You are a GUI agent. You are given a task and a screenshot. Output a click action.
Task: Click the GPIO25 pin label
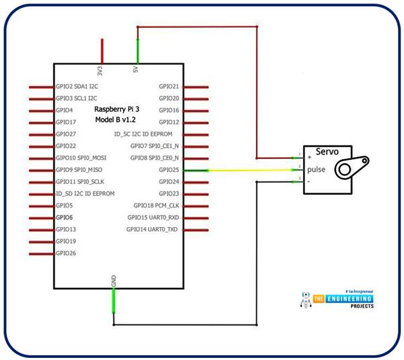pos(169,170)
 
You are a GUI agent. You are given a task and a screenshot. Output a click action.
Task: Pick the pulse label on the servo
pos(317,169)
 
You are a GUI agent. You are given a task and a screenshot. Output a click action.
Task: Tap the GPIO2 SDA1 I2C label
pos(77,86)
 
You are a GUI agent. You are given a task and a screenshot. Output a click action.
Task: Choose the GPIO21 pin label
pos(169,86)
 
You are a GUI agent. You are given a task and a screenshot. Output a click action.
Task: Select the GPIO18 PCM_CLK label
pos(156,206)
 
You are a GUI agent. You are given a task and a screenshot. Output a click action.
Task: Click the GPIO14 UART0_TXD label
pos(153,229)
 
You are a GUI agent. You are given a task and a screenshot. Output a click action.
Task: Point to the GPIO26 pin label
pos(66,253)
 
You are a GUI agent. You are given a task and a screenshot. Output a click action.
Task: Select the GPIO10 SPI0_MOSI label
pos(80,158)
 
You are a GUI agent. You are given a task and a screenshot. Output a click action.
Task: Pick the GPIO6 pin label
pos(65,217)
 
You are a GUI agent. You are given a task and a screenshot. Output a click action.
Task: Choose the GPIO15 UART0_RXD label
pos(154,217)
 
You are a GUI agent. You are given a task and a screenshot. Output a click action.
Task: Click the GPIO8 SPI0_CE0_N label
pos(155,158)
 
